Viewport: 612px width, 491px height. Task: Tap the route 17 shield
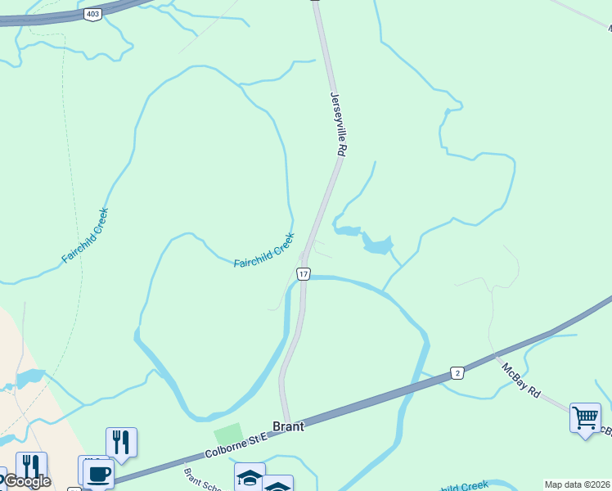coord(304,273)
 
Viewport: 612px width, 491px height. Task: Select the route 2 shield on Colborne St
coord(457,373)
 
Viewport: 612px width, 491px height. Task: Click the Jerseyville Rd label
coord(339,124)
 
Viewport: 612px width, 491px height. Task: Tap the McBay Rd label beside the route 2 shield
coord(522,381)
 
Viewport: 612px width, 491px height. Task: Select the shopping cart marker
coord(585,417)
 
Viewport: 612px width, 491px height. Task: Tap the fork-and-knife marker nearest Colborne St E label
coord(121,442)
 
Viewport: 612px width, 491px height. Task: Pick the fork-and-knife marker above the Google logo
coord(31,466)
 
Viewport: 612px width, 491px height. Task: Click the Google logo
coord(27,481)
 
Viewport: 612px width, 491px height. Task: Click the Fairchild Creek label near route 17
coord(263,250)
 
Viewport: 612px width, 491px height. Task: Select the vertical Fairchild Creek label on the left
coord(84,236)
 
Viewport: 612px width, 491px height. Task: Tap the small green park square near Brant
coord(229,435)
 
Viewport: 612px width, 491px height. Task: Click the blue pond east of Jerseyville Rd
coord(377,244)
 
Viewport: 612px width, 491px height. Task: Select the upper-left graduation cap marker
coord(250,476)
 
